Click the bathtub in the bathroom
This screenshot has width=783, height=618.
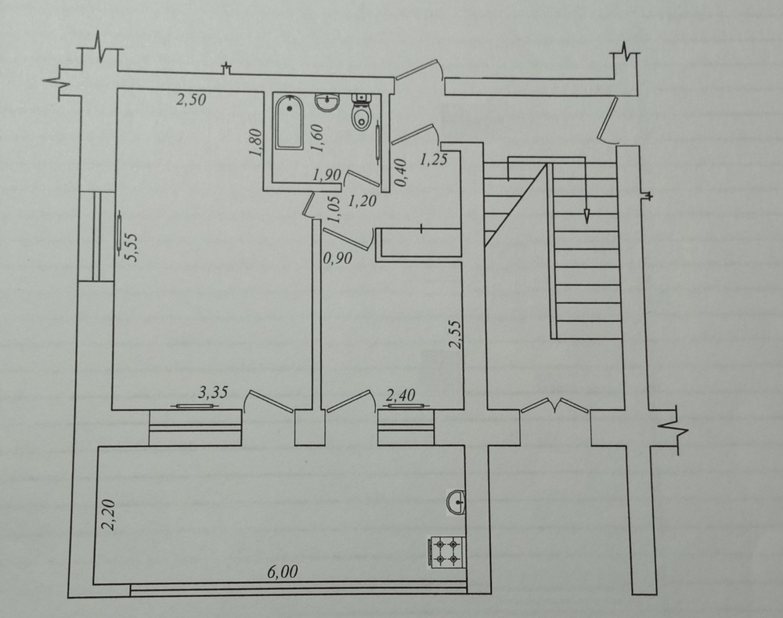pyautogui.click(x=289, y=122)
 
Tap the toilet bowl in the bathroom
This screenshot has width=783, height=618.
pyautogui.click(x=361, y=112)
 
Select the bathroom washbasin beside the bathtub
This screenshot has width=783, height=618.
pyautogui.click(x=327, y=103)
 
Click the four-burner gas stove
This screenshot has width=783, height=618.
pyautogui.click(x=446, y=551)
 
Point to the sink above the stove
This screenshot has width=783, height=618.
pyautogui.click(x=456, y=501)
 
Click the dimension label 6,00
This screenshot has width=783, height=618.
pyautogui.click(x=282, y=572)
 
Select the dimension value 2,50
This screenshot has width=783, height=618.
pyautogui.click(x=191, y=99)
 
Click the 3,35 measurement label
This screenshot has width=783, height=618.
pyautogui.click(x=213, y=392)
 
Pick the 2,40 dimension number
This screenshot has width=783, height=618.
pyautogui.click(x=401, y=396)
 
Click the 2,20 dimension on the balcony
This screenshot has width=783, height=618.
pyautogui.click(x=108, y=515)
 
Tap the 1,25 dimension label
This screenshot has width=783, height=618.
pyautogui.click(x=433, y=160)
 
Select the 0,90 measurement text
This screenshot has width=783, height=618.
pyautogui.click(x=338, y=258)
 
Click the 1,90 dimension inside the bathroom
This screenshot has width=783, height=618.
pyautogui.click(x=327, y=175)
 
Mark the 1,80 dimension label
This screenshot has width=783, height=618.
pyautogui.click(x=256, y=143)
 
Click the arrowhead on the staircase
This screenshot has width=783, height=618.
pyautogui.click(x=586, y=216)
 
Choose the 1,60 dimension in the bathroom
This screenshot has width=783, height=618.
pyautogui.click(x=317, y=138)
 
